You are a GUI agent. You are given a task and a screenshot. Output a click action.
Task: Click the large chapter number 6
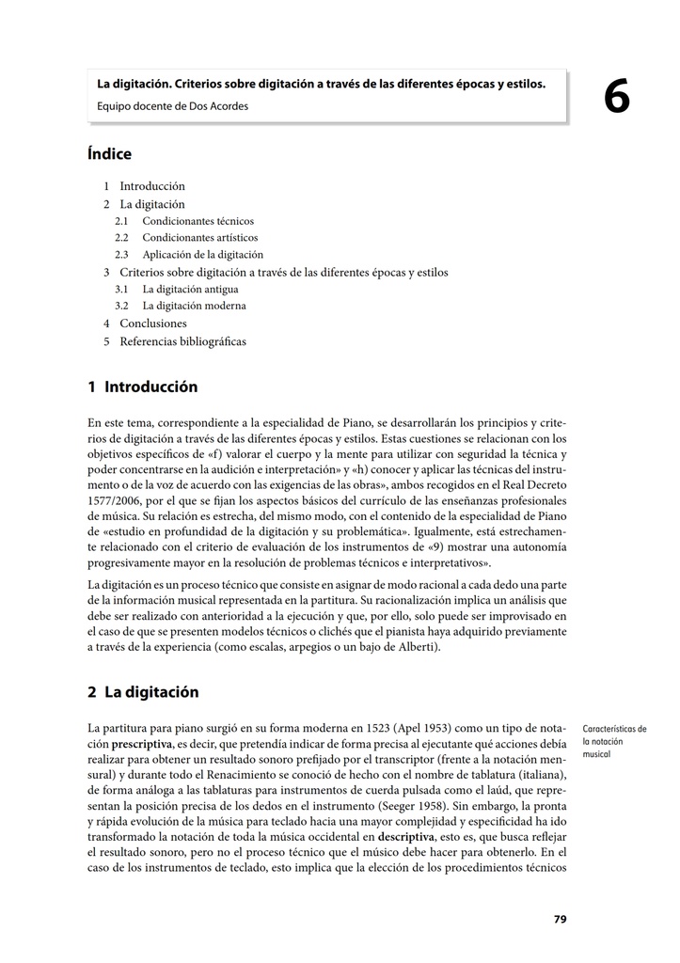pyautogui.click(x=617, y=97)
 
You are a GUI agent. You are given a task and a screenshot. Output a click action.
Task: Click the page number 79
pyautogui.click(x=561, y=919)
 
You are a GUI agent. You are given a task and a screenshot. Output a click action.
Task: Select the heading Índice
pyautogui.click(x=109, y=154)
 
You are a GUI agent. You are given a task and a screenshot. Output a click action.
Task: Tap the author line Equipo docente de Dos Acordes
pyautogui.click(x=172, y=105)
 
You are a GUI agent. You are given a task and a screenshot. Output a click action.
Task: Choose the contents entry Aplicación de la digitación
pyautogui.click(x=202, y=254)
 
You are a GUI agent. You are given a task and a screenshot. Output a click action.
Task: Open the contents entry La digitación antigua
pyautogui.click(x=189, y=289)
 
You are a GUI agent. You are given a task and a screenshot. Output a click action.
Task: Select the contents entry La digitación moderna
pyautogui.click(x=194, y=306)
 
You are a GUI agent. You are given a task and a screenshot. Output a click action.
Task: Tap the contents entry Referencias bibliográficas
pyautogui.click(x=182, y=340)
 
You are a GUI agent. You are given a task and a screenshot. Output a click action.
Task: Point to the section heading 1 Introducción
pyautogui.click(x=142, y=387)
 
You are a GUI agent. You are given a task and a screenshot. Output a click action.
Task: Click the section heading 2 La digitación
pyautogui.click(x=143, y=692)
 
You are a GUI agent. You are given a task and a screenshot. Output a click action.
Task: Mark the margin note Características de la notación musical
pyautogui.click(x=614, y=741)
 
